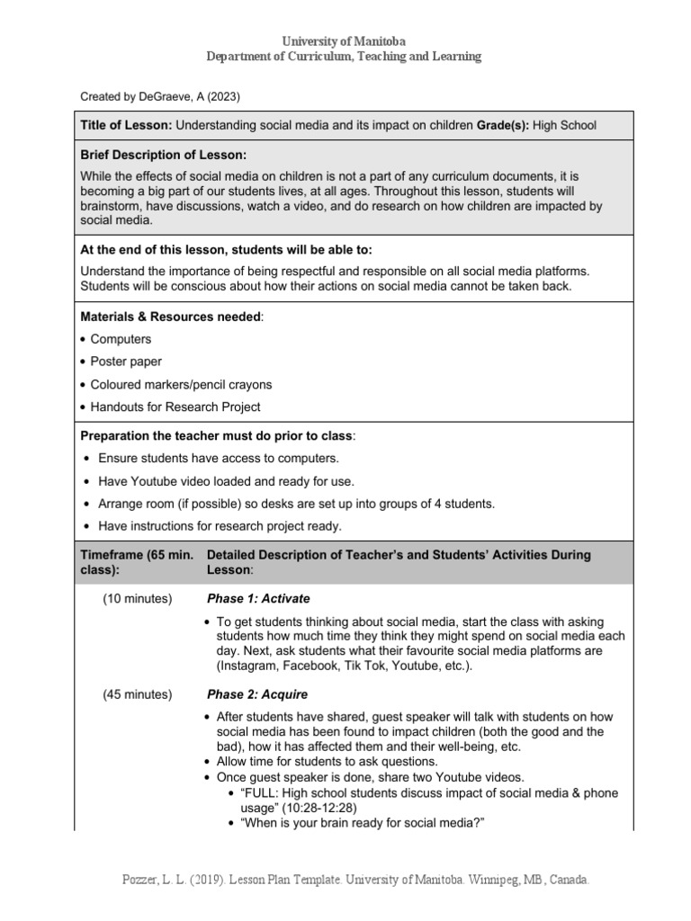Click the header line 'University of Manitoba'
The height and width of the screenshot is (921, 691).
(345, 41)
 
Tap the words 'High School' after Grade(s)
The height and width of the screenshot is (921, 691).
(564, 125)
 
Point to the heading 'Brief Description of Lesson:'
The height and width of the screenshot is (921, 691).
(163, 155)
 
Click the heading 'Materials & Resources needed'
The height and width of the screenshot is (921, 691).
(171, 317)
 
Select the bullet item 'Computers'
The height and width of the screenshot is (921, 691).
(121, 339)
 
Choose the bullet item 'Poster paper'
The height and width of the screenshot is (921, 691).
(126, 362)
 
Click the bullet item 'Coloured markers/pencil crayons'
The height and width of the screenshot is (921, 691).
(181, 384)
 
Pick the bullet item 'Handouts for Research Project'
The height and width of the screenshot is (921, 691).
(175, 407)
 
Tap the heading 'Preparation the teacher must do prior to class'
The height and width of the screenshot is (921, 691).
(217, 436)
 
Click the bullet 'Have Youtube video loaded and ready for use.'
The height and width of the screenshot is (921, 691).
(226, 481)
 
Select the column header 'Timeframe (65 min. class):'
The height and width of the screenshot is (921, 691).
(137, 562)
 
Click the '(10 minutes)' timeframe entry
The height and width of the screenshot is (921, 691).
(138, 599)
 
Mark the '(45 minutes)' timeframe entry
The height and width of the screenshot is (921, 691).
(138, 694)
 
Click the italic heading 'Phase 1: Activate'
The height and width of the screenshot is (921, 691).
(258, 599)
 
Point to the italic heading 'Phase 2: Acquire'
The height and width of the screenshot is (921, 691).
(257, 694)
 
